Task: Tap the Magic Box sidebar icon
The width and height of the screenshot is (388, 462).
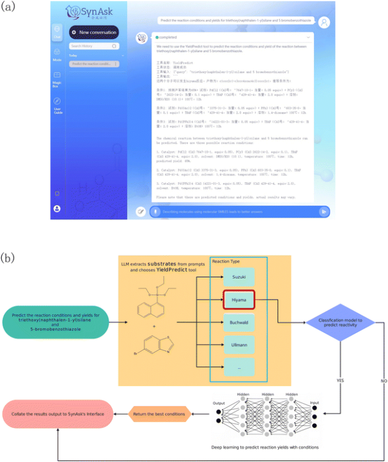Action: (x=56, y=77)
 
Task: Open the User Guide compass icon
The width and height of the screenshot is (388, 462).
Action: (x=56, y=102)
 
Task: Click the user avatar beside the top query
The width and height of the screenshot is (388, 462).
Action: (x=324, y=22)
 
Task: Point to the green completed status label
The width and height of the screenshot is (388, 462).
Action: (x=166, y=36)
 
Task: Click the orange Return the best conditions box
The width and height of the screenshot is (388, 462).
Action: (x=158, y=415)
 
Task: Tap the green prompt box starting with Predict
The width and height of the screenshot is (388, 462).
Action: (x=59, y=323)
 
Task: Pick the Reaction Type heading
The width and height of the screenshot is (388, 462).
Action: (x=227, y=261)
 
